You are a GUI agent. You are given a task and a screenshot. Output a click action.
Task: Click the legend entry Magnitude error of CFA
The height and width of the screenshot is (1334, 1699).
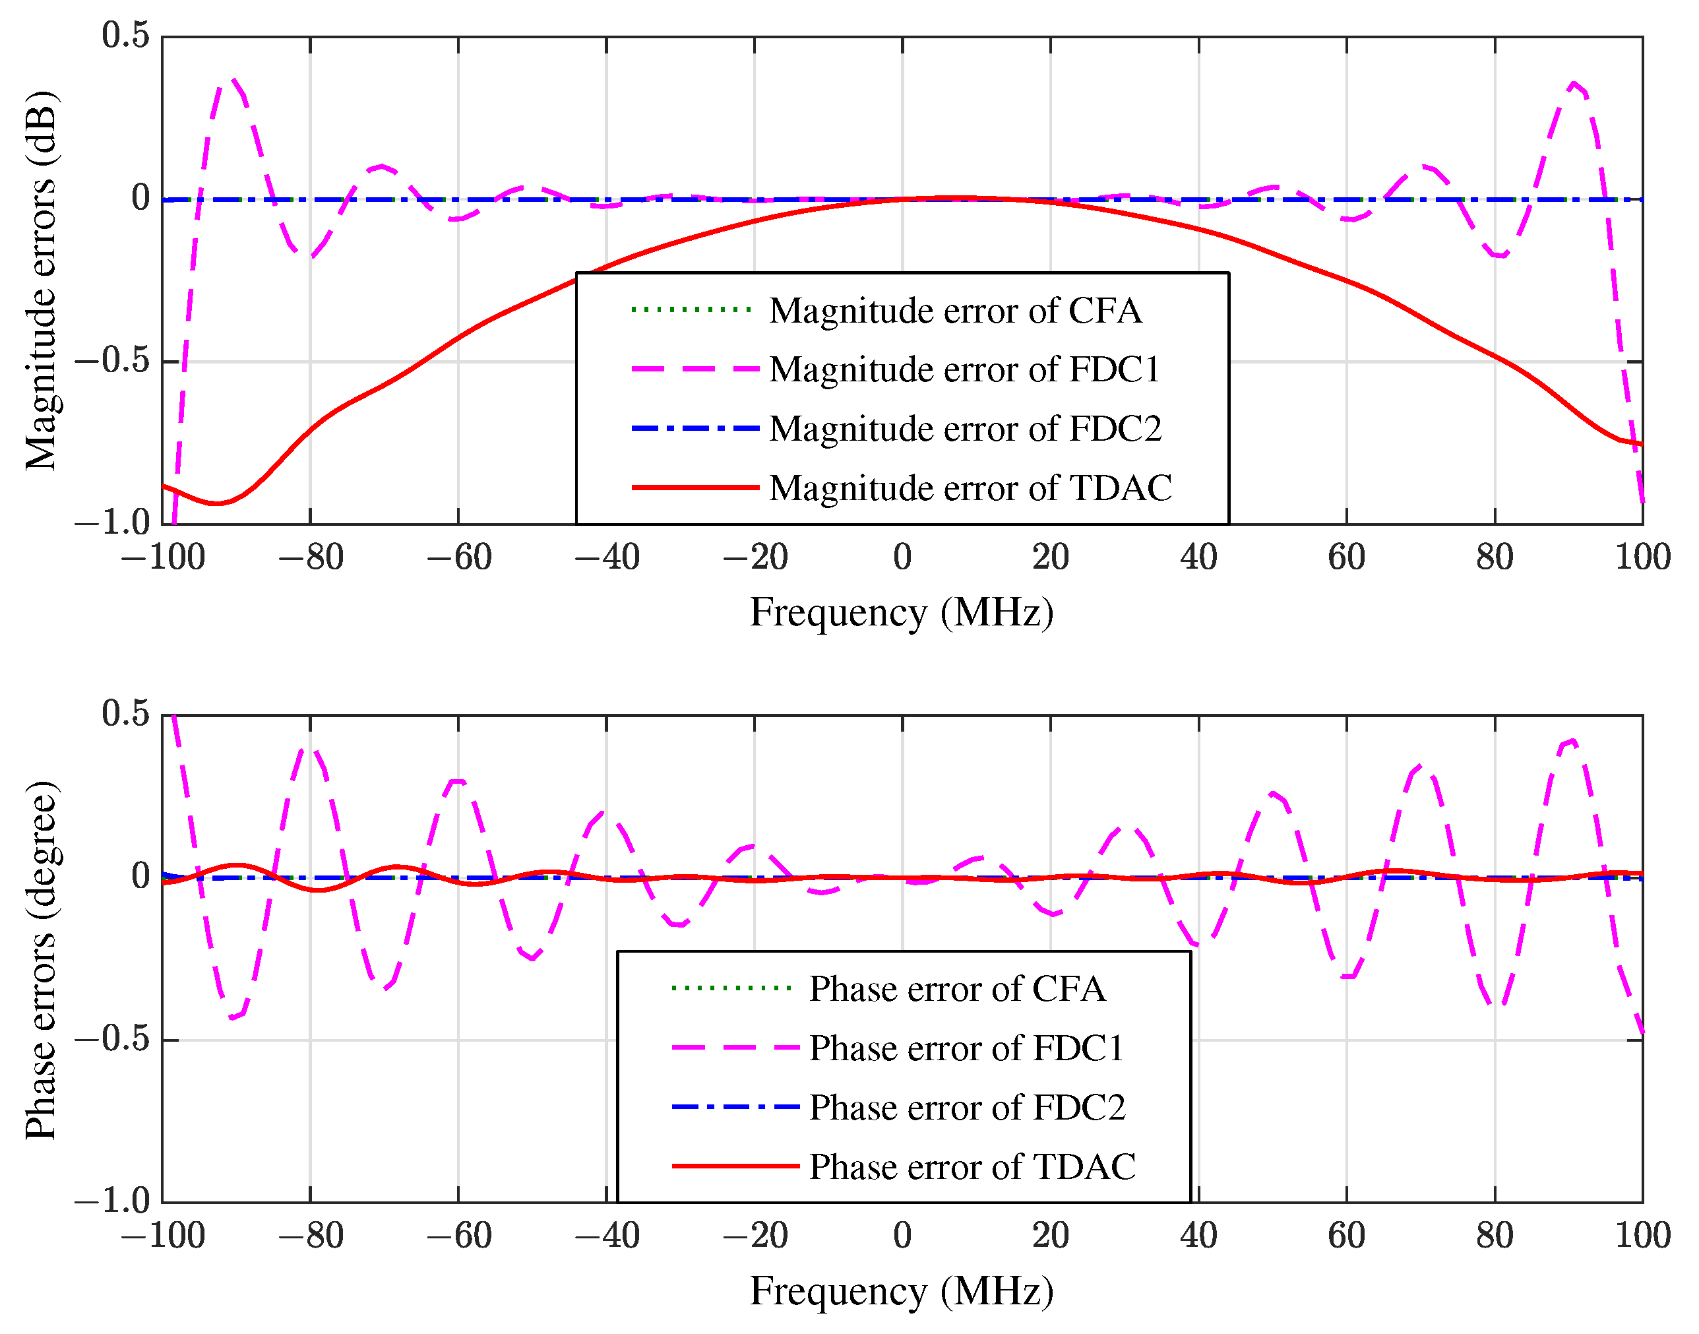click(x=955, y=311)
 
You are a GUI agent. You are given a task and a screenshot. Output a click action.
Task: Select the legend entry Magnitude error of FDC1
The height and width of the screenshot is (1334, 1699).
click(x=964, y=369)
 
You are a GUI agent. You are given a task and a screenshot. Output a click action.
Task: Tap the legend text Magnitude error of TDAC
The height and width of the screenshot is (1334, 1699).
click(x=970, y=488)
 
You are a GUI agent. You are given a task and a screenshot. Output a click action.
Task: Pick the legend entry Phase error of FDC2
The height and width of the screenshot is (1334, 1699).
click(x=967, y=1108)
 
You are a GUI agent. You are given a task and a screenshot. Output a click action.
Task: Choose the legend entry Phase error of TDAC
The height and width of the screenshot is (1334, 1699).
click(x=972, y=1167)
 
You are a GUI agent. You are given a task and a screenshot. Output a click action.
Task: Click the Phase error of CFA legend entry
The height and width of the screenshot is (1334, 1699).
click(x=956, y=989)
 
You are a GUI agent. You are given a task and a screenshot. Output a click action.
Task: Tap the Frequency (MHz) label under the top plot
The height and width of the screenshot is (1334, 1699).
click(x=902, y=612)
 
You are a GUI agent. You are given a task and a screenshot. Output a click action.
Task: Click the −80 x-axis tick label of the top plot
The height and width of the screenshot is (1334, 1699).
click(x=311, y=557)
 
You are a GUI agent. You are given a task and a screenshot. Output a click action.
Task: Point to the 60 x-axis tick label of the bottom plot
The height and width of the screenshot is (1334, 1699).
click(x=1346, y=1236)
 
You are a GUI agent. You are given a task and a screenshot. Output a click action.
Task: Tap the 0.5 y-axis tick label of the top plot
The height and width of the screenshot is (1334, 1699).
click(x=125, y=35)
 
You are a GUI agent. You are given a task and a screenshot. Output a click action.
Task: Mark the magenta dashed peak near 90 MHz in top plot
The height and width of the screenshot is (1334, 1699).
click(x=1574, y=82)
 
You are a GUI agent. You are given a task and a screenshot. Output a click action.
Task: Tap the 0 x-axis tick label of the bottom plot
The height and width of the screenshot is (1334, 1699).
click(x=902, y=1236)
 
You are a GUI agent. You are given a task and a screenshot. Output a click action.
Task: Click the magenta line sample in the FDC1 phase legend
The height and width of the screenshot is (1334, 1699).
click(x=735, y=1048)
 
